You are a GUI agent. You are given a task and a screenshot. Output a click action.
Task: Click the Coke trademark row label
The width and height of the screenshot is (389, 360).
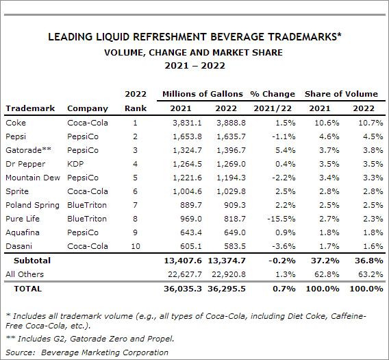[x=16, y=123]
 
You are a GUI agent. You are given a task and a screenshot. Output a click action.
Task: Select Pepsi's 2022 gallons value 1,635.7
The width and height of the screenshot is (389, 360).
[x=231, y=136]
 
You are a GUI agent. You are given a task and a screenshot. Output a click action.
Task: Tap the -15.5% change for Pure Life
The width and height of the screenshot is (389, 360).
[x=281, y=219]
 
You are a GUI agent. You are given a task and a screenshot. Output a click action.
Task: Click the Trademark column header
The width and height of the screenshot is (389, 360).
[x=30, y=108]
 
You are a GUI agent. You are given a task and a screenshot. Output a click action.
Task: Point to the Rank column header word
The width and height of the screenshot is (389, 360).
[x=136, y=108]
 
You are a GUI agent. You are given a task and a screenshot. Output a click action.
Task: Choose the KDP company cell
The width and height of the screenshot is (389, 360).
[x=75, y=164]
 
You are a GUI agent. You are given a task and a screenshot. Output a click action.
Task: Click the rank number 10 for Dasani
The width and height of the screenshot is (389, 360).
[x=136, y=246]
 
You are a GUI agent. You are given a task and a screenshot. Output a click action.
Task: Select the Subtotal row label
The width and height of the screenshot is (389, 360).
[x=32, y=261]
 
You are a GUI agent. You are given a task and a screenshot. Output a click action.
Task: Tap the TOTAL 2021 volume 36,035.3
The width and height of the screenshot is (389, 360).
[x=183, y=289]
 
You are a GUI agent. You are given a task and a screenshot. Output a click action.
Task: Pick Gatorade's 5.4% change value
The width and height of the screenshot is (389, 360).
[x=286, y=150]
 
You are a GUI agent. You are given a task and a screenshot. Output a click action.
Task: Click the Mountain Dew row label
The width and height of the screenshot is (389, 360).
[x=33, y=178]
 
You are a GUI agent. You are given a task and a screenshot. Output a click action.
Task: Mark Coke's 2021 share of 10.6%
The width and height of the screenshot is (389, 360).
[x=327, y=123]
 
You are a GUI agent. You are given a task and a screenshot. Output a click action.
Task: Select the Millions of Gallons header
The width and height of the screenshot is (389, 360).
[x=203, y=94]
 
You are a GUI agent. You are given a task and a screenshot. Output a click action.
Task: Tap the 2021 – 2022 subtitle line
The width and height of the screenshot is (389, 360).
[x=194, y=66]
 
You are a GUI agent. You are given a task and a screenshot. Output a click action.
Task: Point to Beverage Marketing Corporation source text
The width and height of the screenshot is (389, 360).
[x=105, y=352]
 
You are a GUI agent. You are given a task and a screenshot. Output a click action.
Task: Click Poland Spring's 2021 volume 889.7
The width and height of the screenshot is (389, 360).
[x=191, y=205]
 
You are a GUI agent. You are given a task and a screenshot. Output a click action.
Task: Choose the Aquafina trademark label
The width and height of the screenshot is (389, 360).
[x=23, y=232]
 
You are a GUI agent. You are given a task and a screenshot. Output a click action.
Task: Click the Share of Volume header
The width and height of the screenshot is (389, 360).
[x=341, y=94]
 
